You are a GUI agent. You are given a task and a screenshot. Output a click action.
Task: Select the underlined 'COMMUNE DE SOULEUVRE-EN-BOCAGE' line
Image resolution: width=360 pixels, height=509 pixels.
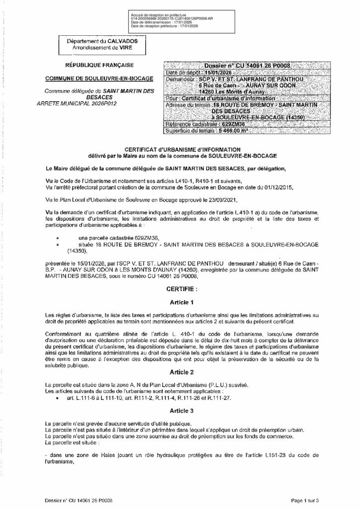(x=99, y=78)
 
